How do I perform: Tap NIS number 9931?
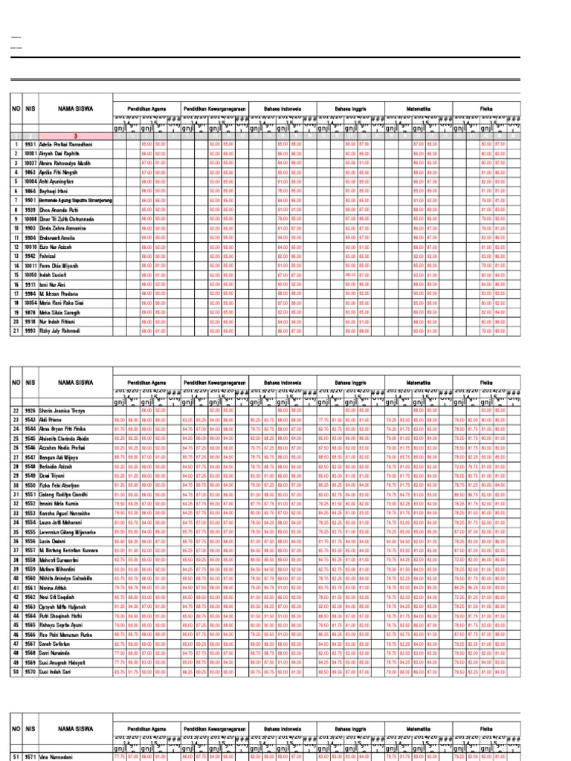[30, 143]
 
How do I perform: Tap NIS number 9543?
[30, 420]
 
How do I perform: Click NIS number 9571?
[30, 755]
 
